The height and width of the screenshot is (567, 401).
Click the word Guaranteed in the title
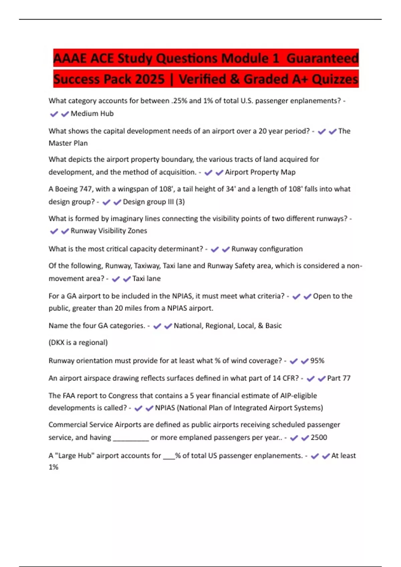coord(322,58)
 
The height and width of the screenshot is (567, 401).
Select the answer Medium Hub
coord(92,114)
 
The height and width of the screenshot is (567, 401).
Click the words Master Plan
coord(68,143)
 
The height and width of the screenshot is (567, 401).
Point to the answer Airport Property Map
coord(260,172)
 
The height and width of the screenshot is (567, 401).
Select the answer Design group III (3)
coord(154,202)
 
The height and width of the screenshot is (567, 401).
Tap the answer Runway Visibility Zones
coord(109,231)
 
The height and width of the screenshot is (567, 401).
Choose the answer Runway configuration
coord(267,249)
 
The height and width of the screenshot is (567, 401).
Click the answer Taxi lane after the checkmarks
coord(146,278)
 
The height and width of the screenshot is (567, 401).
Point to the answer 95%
coord(317,361)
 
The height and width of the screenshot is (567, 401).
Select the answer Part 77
coord(339,378)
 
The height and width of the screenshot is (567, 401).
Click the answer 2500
coord(319,437)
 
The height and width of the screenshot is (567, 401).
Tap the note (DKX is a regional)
coord(78,343)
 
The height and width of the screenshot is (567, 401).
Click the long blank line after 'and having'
coord(131,438)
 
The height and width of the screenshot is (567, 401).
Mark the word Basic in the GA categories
coord(273,326)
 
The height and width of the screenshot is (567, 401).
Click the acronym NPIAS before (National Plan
coord(165,408)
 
